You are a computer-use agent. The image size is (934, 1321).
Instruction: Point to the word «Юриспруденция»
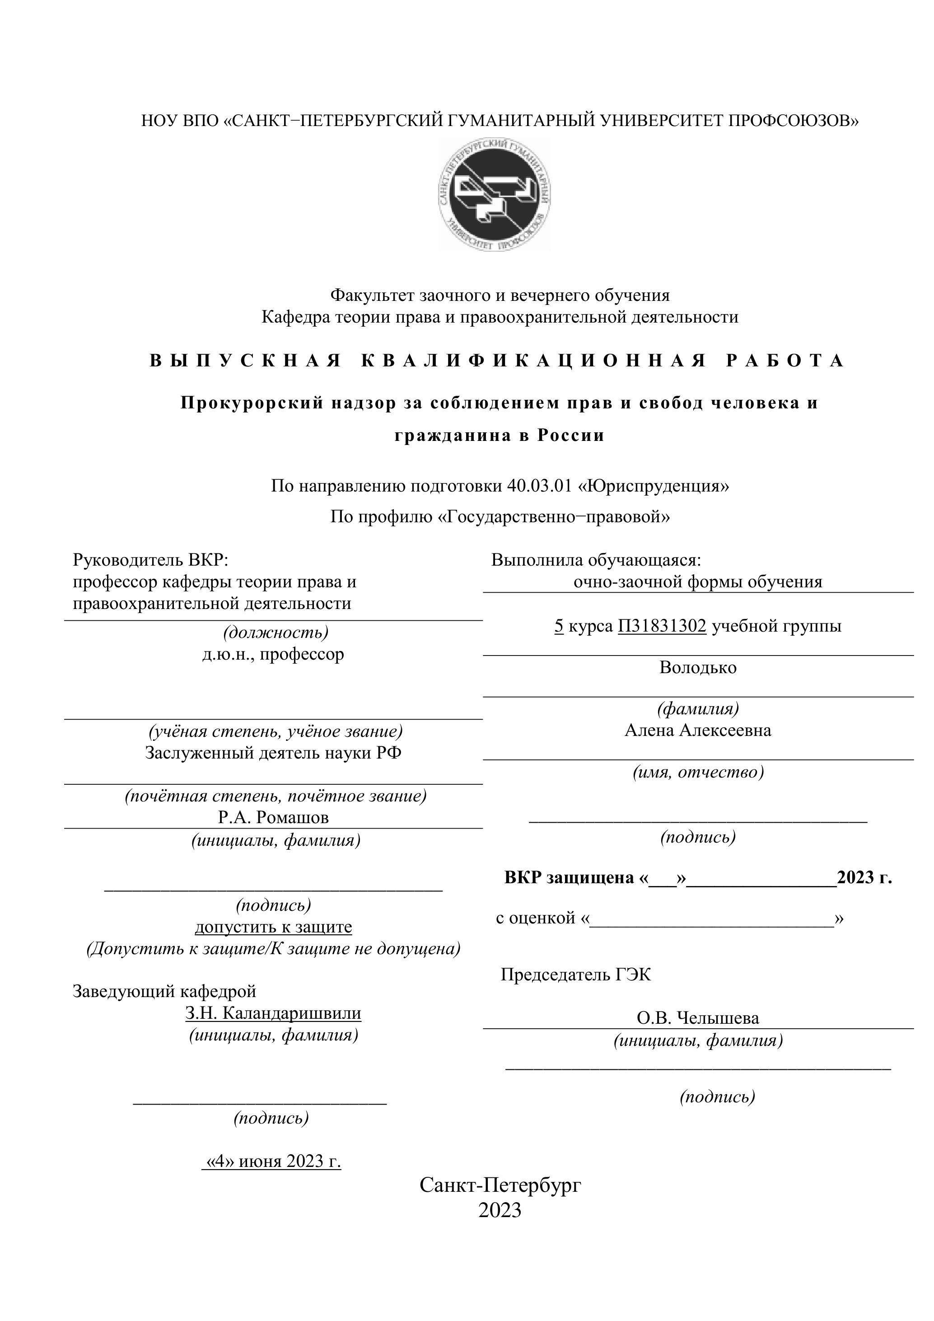[x=654, y=486]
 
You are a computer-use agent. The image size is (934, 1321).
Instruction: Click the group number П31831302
[x=662, y=625]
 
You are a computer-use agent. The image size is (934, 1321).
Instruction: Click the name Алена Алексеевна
[x=698, y=730]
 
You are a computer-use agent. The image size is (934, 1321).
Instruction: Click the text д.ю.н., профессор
[x=273, y=654]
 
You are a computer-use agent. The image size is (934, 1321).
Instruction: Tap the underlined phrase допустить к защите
[x=273, y=927]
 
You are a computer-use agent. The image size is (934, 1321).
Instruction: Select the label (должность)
[x=276, y=632]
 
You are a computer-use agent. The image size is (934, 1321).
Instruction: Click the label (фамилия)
[x=698, y=708]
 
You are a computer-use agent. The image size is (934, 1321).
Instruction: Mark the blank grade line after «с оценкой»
[x=712, y=919]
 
